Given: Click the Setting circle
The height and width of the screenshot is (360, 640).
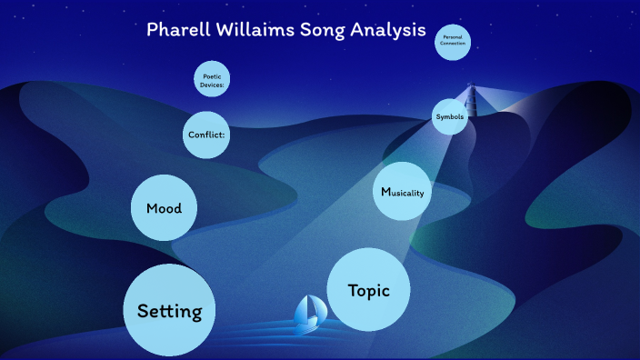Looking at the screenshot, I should click(169, 310).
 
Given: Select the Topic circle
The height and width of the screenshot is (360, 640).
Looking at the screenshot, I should click(368, 290).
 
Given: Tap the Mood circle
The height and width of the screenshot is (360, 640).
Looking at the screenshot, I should click(165, 208).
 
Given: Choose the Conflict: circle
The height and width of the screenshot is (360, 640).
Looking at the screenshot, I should click(205, 135).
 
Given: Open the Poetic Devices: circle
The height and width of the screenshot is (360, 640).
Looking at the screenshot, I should click(212, 79).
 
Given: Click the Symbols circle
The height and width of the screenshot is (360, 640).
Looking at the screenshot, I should click(449, 116).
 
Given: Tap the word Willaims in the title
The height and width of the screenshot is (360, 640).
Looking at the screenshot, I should click(255, 29).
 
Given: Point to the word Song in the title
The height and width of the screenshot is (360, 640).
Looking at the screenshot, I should click(324, 29).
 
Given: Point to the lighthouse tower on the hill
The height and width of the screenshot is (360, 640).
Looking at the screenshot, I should click(471, 95).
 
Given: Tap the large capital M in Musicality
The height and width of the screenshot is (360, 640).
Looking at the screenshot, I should click(385, 192).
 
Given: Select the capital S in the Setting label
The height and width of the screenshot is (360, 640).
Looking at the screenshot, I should click(143, 311).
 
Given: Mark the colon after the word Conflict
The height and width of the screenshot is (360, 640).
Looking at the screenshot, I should click(224, 135).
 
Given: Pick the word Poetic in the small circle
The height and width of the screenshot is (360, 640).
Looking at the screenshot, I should click(212, 75).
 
